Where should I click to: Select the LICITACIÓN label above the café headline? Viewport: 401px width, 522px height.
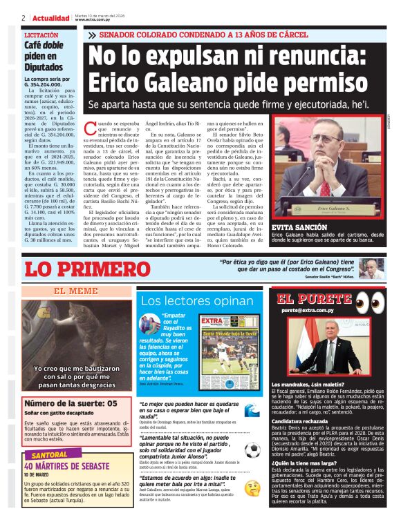point(41,35)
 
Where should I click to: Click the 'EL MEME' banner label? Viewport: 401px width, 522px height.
point(71,291)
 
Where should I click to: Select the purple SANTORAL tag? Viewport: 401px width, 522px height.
point(50,455)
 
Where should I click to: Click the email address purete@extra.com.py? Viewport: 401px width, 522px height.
point(311,311)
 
